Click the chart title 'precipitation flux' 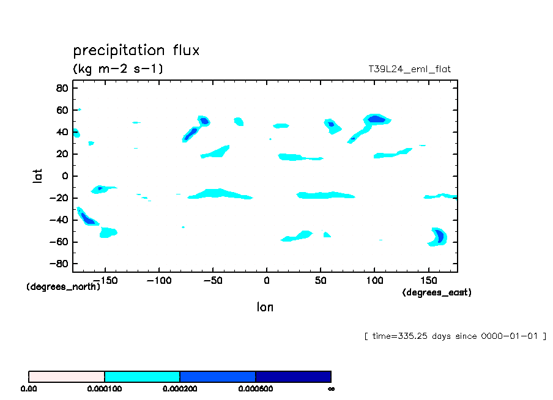(x=136, y=50)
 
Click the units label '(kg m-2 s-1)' (x=118, y=69)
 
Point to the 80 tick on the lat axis (x=61, y=88)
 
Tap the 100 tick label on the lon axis (x=374, y=281)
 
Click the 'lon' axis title (x=265, y=307)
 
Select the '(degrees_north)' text (x=63, y=287)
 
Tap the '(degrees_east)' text (x=437, y=293)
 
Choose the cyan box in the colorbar (x=142, y=376)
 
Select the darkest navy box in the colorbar (x=293, y=376)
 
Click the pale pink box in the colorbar (x=67, y=376)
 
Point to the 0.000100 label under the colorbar (x=105, y=388)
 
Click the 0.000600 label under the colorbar (x=255, y=388)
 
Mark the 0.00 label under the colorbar (x=29, y=388)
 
